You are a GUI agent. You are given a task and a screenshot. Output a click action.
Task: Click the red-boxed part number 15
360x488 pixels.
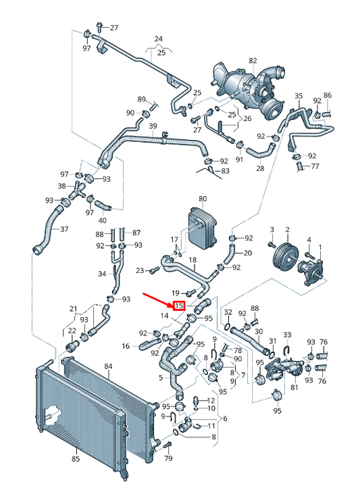pos(179,306)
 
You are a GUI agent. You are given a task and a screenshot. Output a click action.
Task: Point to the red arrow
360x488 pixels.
pos(158,299)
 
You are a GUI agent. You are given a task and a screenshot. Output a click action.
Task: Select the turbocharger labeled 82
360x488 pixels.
pos(249,89)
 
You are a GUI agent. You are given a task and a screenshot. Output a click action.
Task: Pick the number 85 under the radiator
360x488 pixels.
pos(76,458)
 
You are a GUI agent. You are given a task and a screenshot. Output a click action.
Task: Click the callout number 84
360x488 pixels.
pos(108,366)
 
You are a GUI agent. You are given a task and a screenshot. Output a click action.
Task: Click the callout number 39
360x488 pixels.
pos(153,126)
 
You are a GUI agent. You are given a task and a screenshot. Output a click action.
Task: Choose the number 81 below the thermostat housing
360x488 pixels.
pos(294,387)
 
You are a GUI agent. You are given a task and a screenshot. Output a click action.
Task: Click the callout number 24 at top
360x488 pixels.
pos(159,39)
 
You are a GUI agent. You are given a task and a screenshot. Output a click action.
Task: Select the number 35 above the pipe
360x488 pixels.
pos(299,96)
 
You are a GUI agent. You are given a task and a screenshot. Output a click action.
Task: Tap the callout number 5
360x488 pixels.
pos(161,378)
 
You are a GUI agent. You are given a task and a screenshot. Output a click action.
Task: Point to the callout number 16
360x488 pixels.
pos(125,346)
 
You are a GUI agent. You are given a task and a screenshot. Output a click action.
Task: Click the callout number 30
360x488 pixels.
pos(258,332)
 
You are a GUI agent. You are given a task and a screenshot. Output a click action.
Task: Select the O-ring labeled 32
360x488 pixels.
pos(228,326)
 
